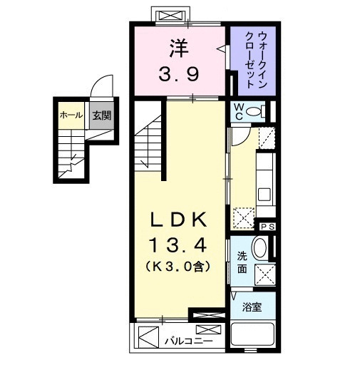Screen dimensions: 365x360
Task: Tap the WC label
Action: tap(240, 112)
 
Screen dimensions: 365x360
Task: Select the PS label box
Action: tap(268, 226)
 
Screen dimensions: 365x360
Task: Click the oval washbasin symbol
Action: tap(261, 248)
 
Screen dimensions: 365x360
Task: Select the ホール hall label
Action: tap(70, 115)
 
